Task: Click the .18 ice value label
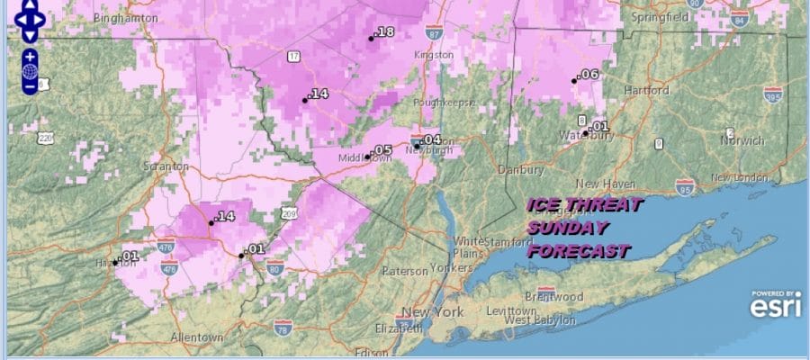click(x=384, y=32)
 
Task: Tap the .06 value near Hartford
click(x=589, y=74)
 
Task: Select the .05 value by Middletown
click(x=382, y=150)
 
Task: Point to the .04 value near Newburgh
click(x=432, y=139)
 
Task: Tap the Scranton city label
click(x=166, y=166)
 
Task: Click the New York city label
click(x=433, y=312)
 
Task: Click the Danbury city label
click(x=521, y=169)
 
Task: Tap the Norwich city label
click(x=742, y=140)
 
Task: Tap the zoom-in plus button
click(x=30, y=55)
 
